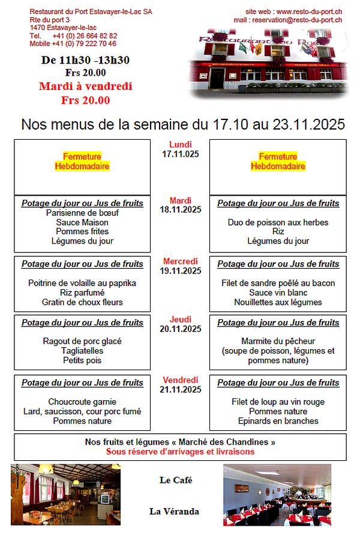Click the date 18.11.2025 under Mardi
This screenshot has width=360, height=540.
[181, 210]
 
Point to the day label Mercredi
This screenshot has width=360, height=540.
[181, 262]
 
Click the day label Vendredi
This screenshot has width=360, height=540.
[181, 380]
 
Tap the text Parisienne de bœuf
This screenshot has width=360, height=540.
[82, 213]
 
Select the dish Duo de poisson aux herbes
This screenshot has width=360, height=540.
[278, 223]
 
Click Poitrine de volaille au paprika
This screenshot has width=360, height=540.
[82, 283]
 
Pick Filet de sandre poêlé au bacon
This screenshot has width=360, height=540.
[278, 283]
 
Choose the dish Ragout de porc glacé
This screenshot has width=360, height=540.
[82, 341]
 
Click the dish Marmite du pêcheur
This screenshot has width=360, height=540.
[278, 341]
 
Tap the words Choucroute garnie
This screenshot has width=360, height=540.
[82, 402]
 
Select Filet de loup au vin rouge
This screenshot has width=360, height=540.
[278, 402]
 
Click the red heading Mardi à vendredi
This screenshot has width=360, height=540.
[85, 86]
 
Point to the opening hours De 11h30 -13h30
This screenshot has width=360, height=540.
[85, 60]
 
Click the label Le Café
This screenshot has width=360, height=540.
[176, 480]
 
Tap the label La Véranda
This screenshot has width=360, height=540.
[174, 512]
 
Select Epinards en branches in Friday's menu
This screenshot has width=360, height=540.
[278, 421]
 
